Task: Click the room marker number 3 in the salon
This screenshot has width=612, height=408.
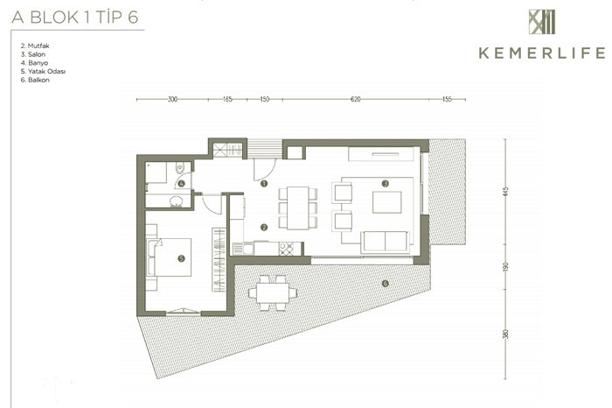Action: (x=386, y=183)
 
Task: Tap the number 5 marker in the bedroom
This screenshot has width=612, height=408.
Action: (x=181, y=258)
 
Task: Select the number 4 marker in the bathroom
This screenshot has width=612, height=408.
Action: (x=181, y=183)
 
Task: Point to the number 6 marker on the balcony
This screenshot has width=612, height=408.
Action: (x=386, y=284)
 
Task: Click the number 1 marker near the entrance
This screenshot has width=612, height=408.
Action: (x=264, y=183)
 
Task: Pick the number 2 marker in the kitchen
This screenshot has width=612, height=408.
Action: (x=264, y=227)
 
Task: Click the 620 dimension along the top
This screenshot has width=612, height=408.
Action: (x=355, y=99)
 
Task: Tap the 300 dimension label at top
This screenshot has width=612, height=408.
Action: (x=172, y=99)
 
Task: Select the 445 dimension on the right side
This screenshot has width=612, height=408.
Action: (x=506, y=192)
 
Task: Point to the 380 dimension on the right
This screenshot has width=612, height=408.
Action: (x=506, y=334)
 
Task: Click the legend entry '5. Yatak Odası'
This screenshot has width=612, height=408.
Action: (x=43, y=71)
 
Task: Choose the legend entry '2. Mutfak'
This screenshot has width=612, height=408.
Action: (x=35, y=46)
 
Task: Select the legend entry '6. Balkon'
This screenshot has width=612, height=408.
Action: (x=35, y=80)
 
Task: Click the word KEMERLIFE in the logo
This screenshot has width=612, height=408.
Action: (x=542, y=53)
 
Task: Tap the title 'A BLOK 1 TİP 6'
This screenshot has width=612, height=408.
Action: (x=75, y=18)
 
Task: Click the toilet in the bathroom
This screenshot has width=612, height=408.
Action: (x=180, y=167)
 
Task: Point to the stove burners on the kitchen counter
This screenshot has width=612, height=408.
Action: (x=286, y=249)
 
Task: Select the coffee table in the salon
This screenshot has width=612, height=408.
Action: (x=386, y=202)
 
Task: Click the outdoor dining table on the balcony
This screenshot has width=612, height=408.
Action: (x=273, y=292)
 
